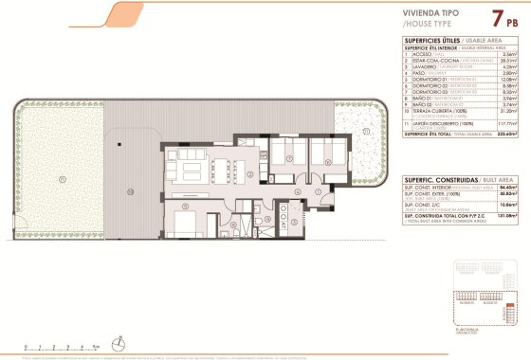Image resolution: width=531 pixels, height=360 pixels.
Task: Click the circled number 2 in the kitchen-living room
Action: pyautogui.click(x=248, y=174)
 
